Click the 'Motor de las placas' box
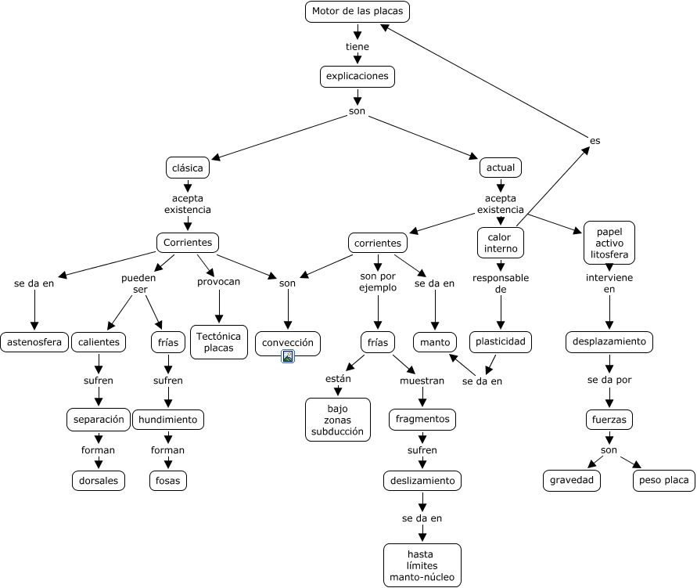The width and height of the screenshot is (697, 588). (x=357, y=12)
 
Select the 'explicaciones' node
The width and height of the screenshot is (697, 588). (x=357, y=76)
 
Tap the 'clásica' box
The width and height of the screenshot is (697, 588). (x=187, y=168)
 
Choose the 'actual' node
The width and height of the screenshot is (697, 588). (x=501, y=168)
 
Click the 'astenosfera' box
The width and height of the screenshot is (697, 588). (x=34, y=342)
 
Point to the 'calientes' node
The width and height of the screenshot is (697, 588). (x=99, y=342)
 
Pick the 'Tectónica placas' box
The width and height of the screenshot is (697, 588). (x=219, y=342)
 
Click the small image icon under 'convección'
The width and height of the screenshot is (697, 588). (x=288, y=357)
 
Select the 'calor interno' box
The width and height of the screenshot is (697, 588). (x=501, y=243)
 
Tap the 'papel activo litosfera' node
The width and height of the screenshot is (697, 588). (x=609, y=243)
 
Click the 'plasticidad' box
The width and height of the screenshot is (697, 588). (x=501, y=342)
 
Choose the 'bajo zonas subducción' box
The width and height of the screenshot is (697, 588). (x=338, y=420)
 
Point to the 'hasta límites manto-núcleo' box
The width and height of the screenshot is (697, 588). (x=422, y=565)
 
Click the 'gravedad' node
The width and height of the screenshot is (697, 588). (x=572, y=480)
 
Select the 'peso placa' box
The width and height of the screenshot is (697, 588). (x=663, y=480)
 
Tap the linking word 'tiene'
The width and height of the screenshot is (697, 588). (x=357, y=46)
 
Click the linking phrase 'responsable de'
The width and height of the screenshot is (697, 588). (x=501, y=283)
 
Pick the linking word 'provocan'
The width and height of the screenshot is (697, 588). (x=219, y=282)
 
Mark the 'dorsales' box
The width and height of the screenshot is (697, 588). (x=99, y=480)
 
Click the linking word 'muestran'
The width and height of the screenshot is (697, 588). (x=422, y=381)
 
